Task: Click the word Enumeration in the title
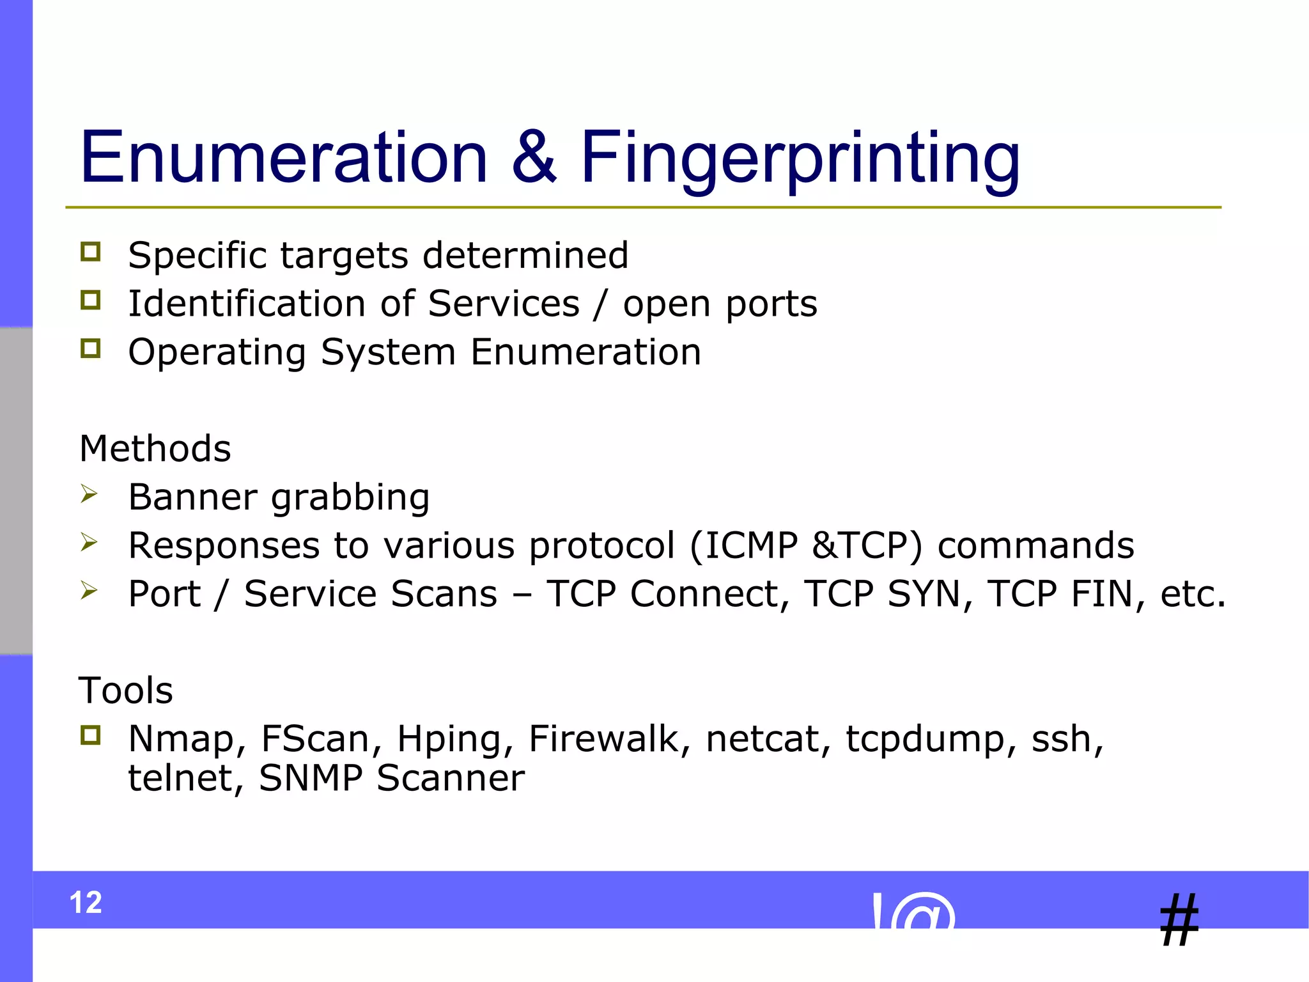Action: (284, 157)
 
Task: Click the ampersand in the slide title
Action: (534, 157)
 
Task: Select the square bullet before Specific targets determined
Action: (91, 252)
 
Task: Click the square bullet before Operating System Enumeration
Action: (91, 348)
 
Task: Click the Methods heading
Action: (155, 448)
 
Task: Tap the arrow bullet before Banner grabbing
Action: (89, 494)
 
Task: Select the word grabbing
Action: (350, 497)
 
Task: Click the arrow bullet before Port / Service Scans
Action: (89, 590)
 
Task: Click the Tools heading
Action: (126, 690)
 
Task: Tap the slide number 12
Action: (86, 903)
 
